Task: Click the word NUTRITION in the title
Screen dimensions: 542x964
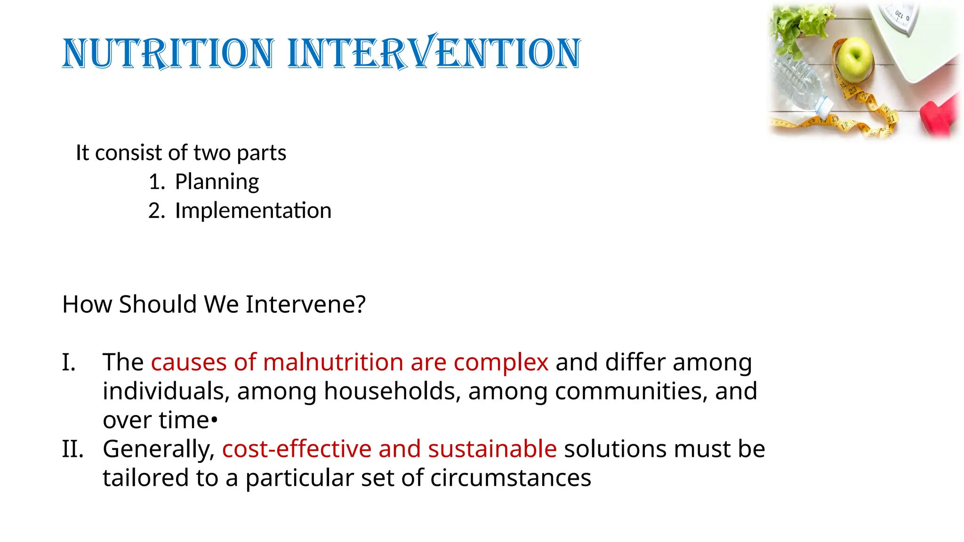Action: (x=168, y=53)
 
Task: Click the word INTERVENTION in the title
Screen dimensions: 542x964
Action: (x=434, y=53)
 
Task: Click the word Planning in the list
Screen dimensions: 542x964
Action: (x=217, y=182)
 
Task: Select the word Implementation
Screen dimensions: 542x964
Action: (x=253, y=211)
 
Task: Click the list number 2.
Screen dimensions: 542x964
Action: (x=156, y=211)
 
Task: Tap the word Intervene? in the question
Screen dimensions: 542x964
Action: (x=305, y=304)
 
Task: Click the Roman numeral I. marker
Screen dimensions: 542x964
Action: (x=69, y=363)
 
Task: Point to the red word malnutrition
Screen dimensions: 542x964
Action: (x=333, y=363)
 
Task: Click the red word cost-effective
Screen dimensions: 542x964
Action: (x=297, y=449)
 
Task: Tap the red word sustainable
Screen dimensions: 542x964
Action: (x=492, y=449)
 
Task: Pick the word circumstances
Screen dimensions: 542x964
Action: (x=510, y=478)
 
